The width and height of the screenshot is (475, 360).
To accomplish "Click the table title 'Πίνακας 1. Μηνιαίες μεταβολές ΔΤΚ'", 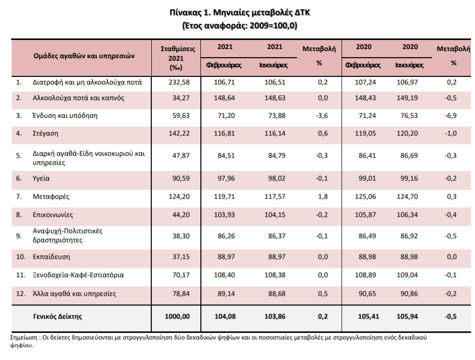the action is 240,13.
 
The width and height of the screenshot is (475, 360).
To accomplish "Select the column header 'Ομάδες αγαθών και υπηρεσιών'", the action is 84,56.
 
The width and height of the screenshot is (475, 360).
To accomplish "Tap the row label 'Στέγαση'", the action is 46,133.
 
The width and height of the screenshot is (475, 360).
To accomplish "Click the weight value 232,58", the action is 179,82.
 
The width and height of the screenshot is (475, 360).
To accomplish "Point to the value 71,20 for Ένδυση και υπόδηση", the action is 226,116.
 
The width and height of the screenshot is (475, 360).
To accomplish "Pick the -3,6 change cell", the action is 322,116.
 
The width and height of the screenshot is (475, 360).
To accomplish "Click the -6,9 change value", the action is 451,116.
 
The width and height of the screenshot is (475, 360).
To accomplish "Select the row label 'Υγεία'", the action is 41,178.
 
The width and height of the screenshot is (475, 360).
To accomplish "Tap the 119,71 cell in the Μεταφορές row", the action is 224,197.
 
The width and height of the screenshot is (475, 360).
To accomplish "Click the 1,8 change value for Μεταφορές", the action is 323,197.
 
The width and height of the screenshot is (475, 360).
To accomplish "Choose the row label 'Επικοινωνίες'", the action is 53,215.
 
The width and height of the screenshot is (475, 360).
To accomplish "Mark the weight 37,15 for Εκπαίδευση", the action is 181,257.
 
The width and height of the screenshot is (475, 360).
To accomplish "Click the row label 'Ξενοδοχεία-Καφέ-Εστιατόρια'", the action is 78,275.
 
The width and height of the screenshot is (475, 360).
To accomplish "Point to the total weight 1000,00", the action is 177,317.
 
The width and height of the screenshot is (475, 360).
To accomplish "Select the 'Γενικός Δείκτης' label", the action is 58,317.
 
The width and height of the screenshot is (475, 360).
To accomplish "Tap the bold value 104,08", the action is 225,317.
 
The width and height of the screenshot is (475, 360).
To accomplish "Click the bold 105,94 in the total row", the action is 407,317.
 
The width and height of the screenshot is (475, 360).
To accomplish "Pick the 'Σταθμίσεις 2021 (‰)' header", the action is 178,58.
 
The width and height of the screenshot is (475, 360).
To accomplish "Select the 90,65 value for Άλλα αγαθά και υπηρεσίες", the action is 367,294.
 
